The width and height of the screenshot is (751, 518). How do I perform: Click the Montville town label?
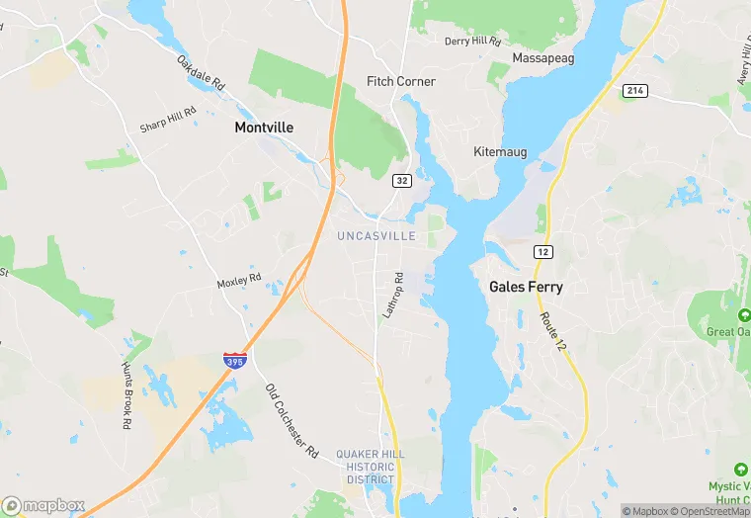(264, 128)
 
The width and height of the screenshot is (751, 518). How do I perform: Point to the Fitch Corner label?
(400, 81)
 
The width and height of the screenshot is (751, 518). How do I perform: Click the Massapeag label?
(541, 58)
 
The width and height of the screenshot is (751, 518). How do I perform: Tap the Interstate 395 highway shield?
(235, 362)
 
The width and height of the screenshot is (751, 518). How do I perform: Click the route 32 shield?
(401, 180)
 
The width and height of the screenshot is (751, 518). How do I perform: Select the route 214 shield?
(634, 90)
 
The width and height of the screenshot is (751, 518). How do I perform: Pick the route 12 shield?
(542, 252)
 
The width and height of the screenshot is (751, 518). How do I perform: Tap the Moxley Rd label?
(239, 283)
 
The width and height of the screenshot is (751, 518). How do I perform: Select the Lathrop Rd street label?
(393, 295)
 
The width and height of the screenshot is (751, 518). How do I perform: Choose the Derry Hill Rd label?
(473, 41)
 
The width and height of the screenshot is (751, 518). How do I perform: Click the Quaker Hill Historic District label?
(370, 467)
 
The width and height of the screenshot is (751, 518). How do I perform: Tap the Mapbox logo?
(43, 505)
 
